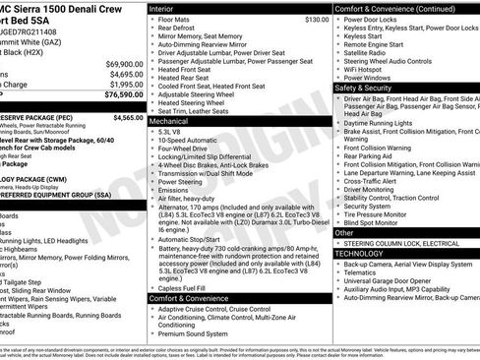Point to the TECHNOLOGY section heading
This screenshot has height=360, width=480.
coord(359,253)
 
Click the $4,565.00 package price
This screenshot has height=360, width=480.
coord(128,117)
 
